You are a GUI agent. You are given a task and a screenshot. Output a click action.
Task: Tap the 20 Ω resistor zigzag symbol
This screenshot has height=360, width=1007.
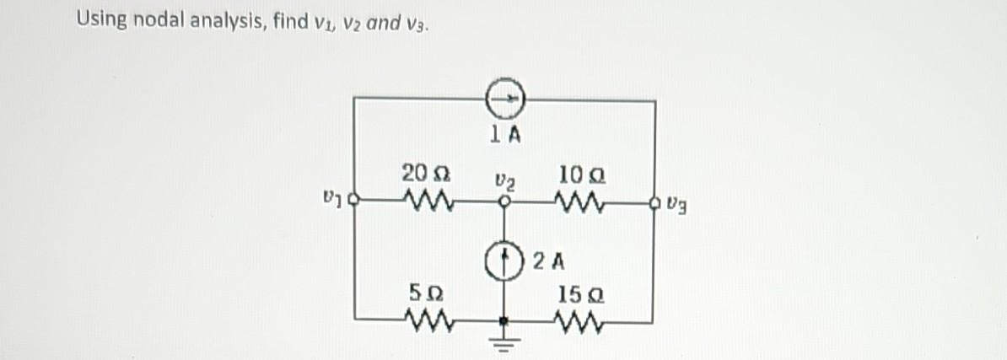[428, 201]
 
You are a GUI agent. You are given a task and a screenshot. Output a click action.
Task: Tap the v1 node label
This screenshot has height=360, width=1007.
[331, 202]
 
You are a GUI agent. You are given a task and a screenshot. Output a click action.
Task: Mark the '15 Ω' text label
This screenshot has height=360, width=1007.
[575, 294]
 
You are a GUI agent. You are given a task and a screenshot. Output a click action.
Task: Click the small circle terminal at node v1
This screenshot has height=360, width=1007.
[355, 202]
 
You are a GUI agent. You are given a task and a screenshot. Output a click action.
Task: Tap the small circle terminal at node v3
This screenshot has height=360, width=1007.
[655, 202]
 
